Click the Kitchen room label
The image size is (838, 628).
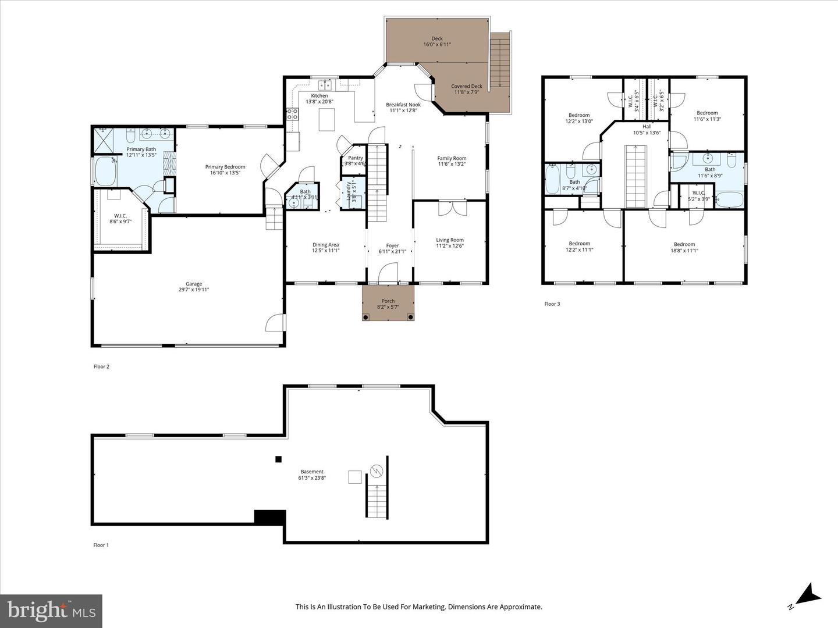[319, 96]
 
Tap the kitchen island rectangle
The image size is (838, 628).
[327, 119]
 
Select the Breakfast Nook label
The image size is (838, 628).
[403, 105]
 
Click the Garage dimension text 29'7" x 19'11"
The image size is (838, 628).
[194, 290]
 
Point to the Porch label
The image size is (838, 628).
[388, 301]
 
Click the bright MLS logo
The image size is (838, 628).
[51, 611]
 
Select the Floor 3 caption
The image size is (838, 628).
[552, 304]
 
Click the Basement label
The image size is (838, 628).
[312, 472]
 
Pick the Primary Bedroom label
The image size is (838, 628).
[225, 167]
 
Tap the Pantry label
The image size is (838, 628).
[355, 158]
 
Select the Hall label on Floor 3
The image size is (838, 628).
[647, 126]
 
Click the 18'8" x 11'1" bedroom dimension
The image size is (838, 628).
[684, 251]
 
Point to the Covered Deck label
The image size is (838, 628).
[467, 86]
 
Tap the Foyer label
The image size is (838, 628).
[392, 245]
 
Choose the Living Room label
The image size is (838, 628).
[450, 240]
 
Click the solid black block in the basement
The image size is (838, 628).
[269, 517]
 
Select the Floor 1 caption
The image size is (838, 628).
[101, 545]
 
